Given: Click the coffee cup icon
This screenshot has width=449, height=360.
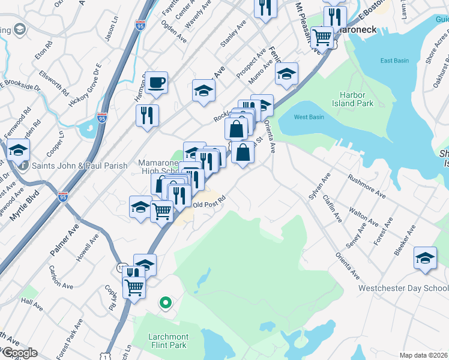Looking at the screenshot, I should pos(156,82).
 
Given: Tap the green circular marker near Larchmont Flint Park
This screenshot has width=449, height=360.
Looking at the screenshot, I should pos(165,303).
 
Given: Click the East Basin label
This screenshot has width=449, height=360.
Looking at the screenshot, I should pos(394,61).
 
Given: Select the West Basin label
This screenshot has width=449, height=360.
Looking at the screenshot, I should pos(309,117).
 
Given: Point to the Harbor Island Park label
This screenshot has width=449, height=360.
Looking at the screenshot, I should pos(357,99).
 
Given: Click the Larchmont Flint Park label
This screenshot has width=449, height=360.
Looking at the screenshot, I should pos(168,341).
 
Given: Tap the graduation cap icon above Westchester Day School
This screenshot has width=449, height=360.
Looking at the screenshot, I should pos(425,258).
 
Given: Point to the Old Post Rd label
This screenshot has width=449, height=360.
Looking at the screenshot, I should pos(209,202).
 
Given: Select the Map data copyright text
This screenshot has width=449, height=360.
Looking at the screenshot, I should pos(424,355).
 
